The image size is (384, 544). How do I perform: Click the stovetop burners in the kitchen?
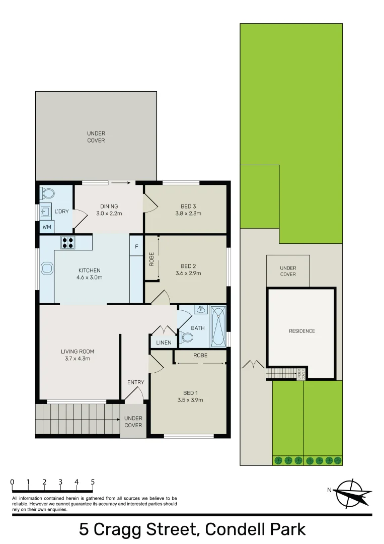click(x=68, y=242)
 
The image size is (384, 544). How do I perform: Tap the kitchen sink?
click(x=47, y=268)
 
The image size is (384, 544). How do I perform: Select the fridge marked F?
click(x=136, y=246)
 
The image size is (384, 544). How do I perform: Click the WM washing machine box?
click(x=47, y=227)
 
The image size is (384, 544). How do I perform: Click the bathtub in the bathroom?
click(x=218, y=326)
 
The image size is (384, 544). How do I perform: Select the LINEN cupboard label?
click(x=164, y=343)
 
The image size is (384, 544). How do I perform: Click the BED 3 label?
click(x=188, y=207)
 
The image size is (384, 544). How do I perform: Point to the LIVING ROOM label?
click(x=78, y=352)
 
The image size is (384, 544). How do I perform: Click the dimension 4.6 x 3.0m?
click(x=90, y=277)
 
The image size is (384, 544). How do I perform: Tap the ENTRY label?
click(x=135, y=382)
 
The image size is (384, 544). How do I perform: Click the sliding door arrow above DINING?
click(x=121, y=182)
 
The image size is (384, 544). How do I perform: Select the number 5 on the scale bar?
click(x=93, y=482)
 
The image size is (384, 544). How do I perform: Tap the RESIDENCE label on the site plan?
click(x=302, y=331)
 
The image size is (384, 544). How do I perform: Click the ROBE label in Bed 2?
click(x=151, y=259)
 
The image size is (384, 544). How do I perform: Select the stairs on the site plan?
click(x=281, y=374)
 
